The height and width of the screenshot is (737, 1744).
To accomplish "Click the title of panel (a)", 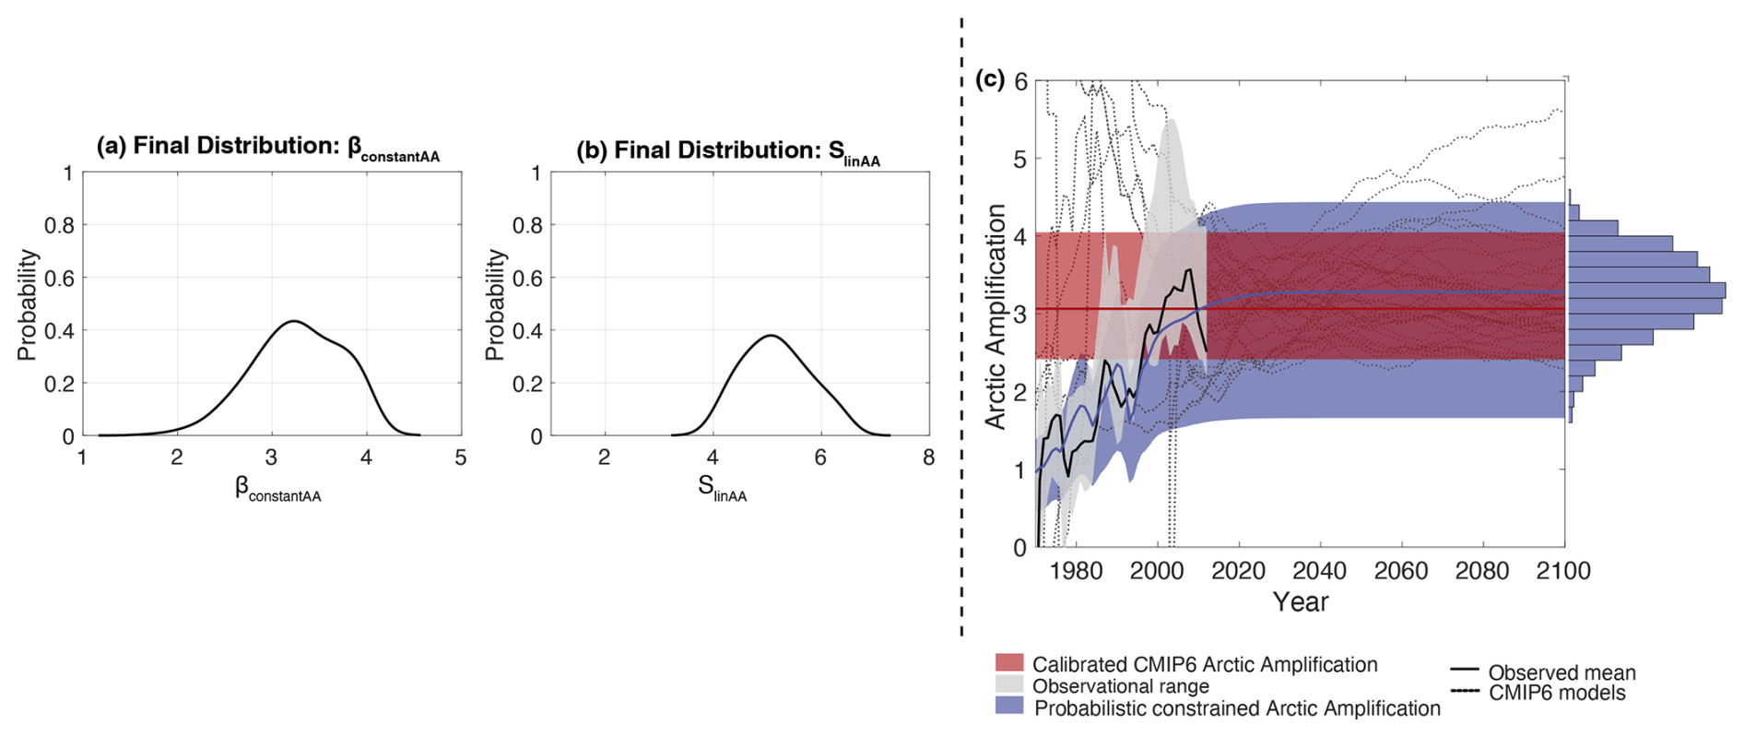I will pos(267,147).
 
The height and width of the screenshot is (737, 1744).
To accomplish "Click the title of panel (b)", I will pos(727,151).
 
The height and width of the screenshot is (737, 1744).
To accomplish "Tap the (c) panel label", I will pos(989,80).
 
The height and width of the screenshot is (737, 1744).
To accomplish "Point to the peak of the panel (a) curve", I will pos(293,321).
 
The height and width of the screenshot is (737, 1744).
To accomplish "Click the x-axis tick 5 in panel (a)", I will pos(461,458).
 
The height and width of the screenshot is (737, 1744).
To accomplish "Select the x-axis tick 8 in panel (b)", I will pos(928,458).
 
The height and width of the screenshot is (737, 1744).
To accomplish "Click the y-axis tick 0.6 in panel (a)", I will pos(60,279).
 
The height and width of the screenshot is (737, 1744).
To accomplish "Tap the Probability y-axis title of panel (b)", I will pos(494,304).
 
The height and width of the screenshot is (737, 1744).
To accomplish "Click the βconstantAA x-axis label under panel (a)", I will pos(277,489).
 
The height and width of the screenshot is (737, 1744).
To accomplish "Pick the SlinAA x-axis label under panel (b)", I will pos(722,489).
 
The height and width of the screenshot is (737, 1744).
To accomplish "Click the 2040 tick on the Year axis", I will pos(1319,571).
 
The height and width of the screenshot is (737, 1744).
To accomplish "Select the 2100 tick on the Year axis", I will pos(1563,571).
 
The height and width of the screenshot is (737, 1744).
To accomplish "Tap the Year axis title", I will pos(1301,602).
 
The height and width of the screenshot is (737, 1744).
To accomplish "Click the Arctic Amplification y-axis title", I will pos(996,316).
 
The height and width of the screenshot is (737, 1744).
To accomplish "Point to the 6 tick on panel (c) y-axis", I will pos(1019,82).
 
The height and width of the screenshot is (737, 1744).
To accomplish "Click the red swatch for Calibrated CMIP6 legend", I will pos(1009,663).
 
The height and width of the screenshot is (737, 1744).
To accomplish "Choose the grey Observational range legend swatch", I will pos(1009,685).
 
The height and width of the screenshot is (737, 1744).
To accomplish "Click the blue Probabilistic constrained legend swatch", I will pos(1009,707).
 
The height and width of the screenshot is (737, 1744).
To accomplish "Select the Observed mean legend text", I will pos(1561,672).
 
